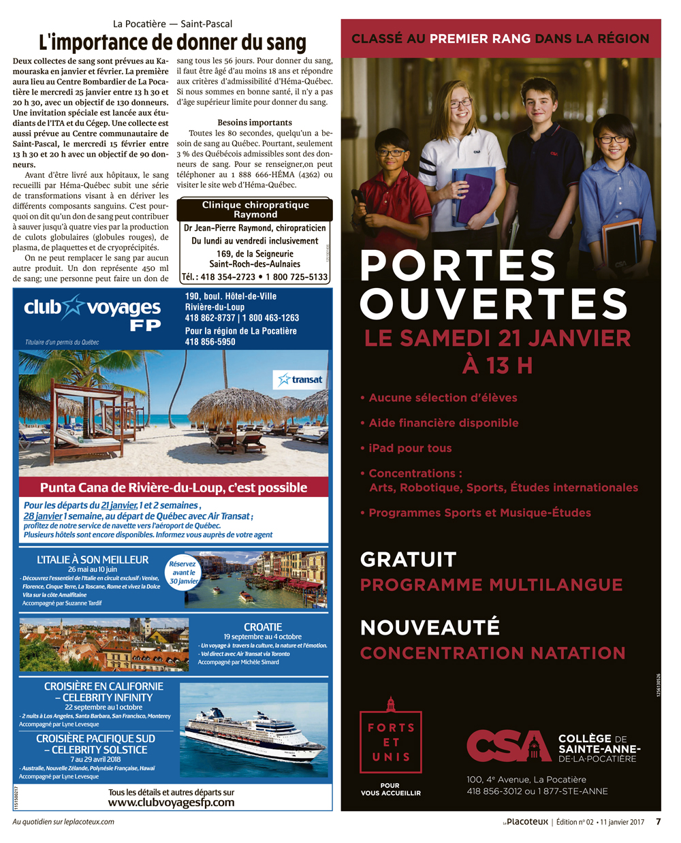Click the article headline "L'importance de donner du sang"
pos(172,43)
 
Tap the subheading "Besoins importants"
pos(255,123)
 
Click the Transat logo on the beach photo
pos(301,379)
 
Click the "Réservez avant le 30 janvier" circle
pos(183,573)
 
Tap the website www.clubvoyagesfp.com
pos(171,802)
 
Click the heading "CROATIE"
pos(263,627)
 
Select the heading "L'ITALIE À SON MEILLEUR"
pos(93,560)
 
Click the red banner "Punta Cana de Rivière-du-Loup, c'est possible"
pos(174,488)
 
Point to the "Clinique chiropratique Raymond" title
pos(255,209)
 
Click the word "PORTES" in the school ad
pos(458,266)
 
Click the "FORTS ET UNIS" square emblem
pos(391,742)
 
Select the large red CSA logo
pos(508,746)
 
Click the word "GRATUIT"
pos(408,560)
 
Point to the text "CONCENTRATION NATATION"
pos(492,653)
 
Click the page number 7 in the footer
pos(658,822)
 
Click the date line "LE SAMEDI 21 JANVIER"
pos(497,338)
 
